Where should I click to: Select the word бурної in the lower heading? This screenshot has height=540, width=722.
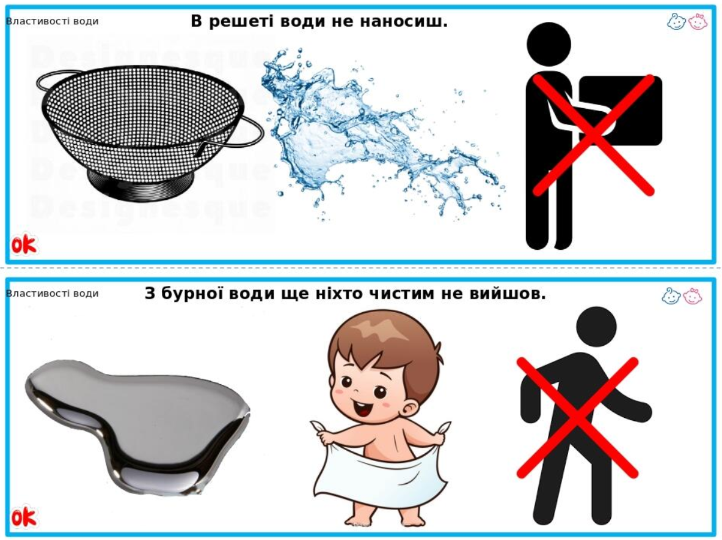[x=192, y=293]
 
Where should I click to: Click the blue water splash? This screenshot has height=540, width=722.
[x=382, y=134]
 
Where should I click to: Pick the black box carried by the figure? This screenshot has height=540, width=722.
[x=620, y=111]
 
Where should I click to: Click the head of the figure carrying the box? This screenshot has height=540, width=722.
[x=549, y=45]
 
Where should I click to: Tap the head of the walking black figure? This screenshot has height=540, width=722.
[x=596, y=326]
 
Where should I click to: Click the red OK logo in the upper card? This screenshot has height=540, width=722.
[x=24, y=244]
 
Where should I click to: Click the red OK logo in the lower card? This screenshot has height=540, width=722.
[x=24, y=517]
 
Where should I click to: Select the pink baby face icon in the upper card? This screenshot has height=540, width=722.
[x=698, y=21]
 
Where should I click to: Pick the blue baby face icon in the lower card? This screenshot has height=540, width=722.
[x=671, y=296]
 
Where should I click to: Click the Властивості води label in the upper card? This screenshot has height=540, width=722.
[x=52, y=21]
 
